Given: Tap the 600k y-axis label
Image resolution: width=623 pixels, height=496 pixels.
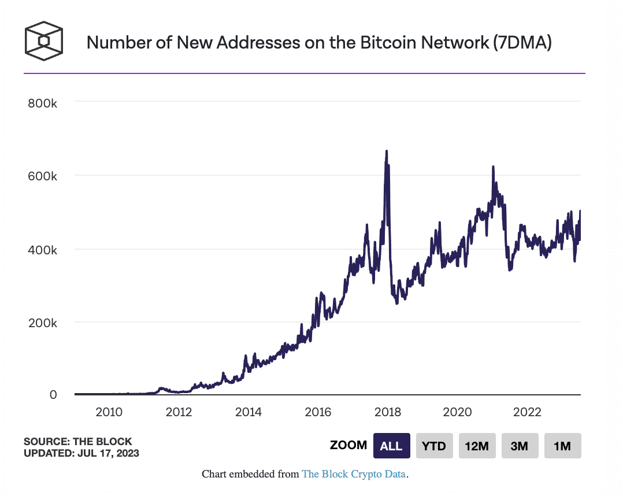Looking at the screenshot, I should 42,176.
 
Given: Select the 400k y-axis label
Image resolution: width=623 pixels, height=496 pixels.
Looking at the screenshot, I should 42,250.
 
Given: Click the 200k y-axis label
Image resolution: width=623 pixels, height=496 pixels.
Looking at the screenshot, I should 42,323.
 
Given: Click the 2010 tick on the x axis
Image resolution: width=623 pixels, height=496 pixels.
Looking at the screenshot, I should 109,412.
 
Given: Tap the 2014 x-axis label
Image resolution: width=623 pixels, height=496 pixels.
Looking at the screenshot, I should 248,412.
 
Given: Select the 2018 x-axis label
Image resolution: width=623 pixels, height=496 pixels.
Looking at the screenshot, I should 388,412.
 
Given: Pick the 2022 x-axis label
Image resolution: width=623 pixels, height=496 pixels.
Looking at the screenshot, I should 527,412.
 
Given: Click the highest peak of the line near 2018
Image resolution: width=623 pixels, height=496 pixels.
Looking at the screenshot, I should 386,151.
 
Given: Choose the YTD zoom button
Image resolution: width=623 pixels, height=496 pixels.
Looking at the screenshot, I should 434,446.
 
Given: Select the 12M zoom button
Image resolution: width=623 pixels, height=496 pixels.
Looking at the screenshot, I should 477,446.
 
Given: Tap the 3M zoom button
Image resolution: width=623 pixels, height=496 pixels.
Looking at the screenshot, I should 520,446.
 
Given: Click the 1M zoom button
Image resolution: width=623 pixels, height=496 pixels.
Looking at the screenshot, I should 562,446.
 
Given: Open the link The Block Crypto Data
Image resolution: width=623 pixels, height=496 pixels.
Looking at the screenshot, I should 354,475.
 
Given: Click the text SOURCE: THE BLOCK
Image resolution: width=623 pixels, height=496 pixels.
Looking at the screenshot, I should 78,442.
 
